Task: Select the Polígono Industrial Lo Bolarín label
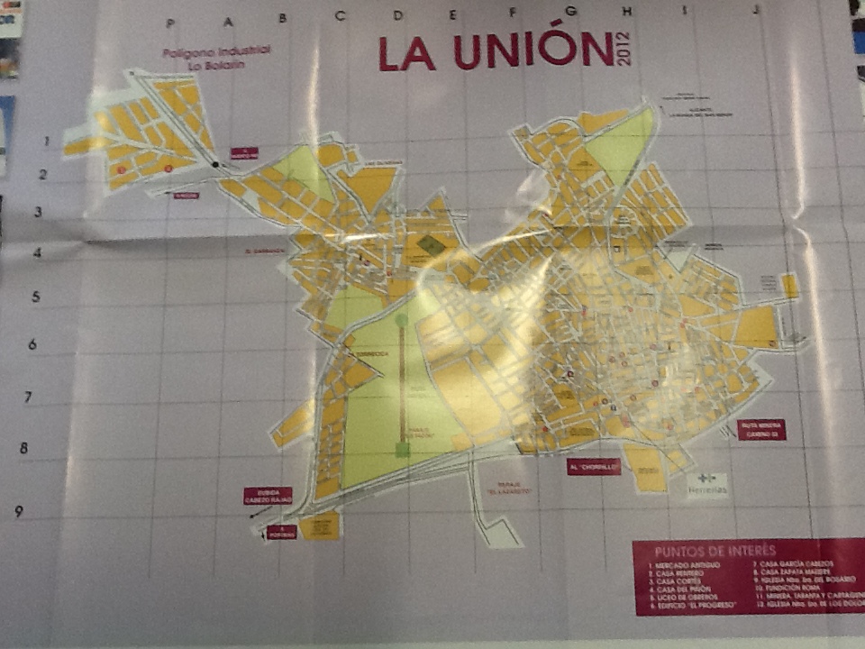pyautogui.click(x=216, y=58)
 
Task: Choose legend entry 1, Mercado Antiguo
pyautogui.click(x=687, y=564)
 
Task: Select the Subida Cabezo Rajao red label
pyautogui.click(x=268, y=496)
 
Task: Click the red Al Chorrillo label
pyautogui.click(x=594, y=467)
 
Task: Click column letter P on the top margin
pyautogui.click(x=171, y=22)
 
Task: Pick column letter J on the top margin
pyautogui.click(x=755, y=11)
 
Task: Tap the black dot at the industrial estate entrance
pyautogui.click(x=214, y=164)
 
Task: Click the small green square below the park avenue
pyautogui.click(x=403, y=448)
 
